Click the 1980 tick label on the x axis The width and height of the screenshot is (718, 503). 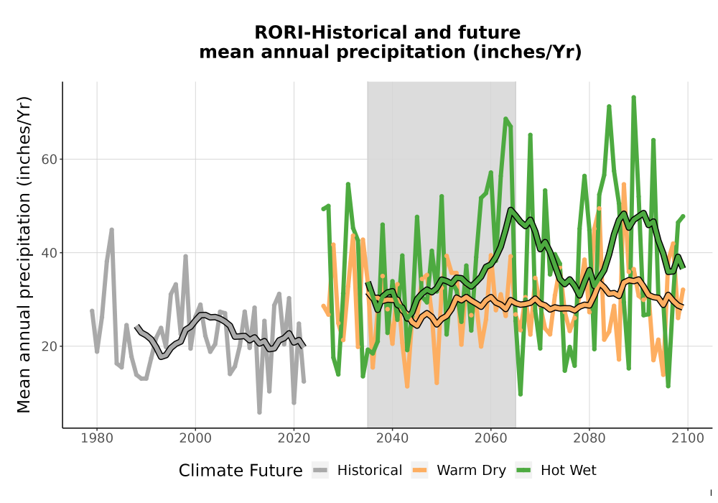pos(97,438)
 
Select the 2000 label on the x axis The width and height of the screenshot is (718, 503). pos(195,438)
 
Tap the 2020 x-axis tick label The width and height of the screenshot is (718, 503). pos(294,438)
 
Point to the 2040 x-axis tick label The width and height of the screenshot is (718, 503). pos(393,438)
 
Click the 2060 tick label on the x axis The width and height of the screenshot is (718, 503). pos(491,438)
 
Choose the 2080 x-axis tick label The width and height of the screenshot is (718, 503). pos(589,438)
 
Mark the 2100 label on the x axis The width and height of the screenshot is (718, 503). pos(688,438)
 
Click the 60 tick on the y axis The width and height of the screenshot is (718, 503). pos(49,160)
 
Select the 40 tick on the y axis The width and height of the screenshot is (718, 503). pos(49,253)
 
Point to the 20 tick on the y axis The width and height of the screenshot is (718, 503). pos(49,346)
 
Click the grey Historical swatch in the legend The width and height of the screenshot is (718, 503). pos(320,471)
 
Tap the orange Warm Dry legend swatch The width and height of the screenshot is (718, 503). pos(419,471)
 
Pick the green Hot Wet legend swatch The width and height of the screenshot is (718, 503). pos(523,471)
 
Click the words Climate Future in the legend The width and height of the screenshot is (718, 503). pos(241,471)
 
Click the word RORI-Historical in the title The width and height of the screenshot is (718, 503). pos(330,32)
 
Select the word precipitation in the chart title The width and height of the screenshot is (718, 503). pos(401,52)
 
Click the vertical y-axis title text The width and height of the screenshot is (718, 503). pos(24,254)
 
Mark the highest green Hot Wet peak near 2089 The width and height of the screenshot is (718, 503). pos(634,97)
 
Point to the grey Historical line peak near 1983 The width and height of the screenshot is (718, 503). pos(112,229)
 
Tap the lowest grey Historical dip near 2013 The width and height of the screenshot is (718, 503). pos(260,412)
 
